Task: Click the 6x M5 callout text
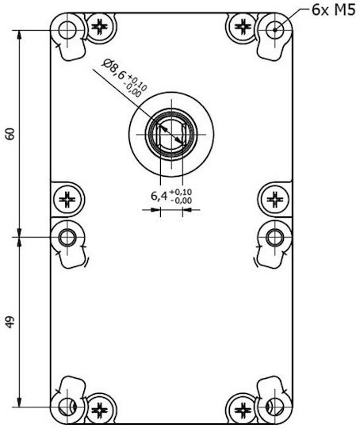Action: tap(334, 10)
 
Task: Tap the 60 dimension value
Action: tap(10, 134)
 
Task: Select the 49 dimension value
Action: tap(10, 322)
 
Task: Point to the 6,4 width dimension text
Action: tap(159, 196)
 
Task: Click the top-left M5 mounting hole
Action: tap(67, 30)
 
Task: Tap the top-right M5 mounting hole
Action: tap(275, 30)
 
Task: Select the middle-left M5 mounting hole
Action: tap(67, 238)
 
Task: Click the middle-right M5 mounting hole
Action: tap(275, 238)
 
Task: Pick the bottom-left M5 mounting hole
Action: tap(67, 407)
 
